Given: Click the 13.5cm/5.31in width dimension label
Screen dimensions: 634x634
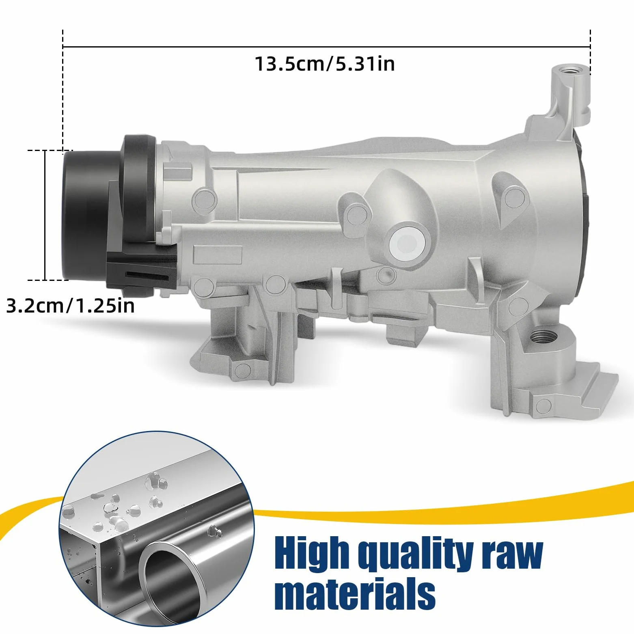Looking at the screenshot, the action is tap(325, 64).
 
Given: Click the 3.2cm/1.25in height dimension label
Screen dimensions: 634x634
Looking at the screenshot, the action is tap(70, 305).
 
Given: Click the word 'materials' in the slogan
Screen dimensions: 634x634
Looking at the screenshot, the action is tap(355, 594).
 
